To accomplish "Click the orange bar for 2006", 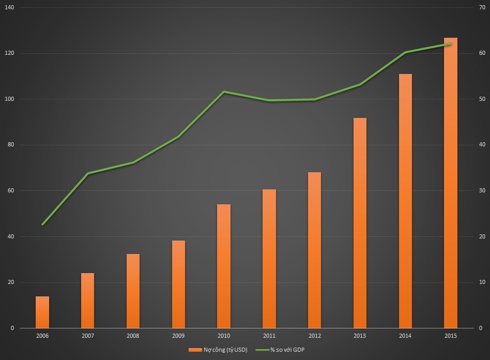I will [x=42, y=312].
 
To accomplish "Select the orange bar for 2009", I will [x=178, y=284].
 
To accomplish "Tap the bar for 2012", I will [x=314, y=250].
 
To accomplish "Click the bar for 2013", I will [x=360, y=223].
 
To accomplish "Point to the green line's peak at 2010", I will [x=224, y=92].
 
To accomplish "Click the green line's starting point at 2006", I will [x=42, y=224].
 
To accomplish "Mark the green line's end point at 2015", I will [x=450, y=44].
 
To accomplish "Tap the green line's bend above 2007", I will [x=88, y=173].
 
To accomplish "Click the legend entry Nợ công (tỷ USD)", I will [x=218, y=350].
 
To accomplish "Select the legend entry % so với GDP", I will [x=284, y=350].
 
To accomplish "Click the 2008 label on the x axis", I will [x=133, y=336].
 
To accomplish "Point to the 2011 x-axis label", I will [x=269, y=336].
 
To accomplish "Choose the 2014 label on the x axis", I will [x=405, y=336].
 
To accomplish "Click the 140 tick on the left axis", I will [x=9, y=7].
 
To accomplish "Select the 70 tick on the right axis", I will [x=481, y=7].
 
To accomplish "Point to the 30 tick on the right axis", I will [x=481, y=191].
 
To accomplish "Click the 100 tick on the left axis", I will [x=9, y=99].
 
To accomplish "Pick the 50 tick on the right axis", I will [x=481, y=99].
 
